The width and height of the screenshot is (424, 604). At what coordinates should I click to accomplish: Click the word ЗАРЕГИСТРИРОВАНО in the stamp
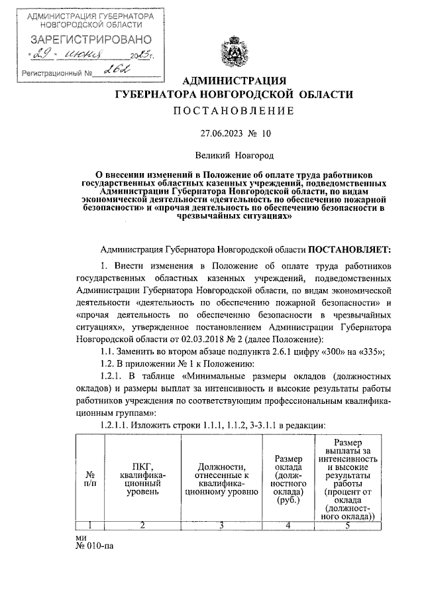tap(83, 40)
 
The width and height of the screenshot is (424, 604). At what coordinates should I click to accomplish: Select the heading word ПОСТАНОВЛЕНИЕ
tap(234, 110)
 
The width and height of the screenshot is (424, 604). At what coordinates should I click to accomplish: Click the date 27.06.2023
tap(223, 133)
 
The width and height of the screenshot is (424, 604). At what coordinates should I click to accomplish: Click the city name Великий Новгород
tap(234, 155)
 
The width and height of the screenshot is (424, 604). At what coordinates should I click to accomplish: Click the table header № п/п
tap(90, 479)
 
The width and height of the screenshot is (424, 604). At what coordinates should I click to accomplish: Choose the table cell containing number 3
tap(221, 526)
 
